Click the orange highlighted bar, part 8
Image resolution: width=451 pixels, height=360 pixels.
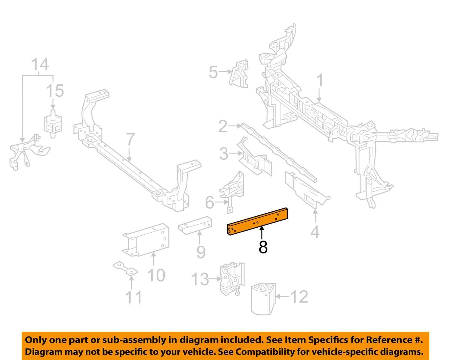click(258, 222)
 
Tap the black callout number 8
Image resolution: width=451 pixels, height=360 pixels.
click(263, 247)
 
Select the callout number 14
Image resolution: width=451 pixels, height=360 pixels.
click(40, 65)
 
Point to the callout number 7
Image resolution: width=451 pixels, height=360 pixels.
click(130, 140)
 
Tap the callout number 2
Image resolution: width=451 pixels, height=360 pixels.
click(223, 126)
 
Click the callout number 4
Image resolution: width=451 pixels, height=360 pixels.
click(314, 232)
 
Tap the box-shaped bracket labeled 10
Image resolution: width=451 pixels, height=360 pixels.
click(147, 240)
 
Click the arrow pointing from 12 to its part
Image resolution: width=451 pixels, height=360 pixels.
click(282, 297)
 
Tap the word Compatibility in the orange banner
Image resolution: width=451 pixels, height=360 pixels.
click(269, 352)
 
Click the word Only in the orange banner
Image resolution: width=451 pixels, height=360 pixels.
click(36, 340)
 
